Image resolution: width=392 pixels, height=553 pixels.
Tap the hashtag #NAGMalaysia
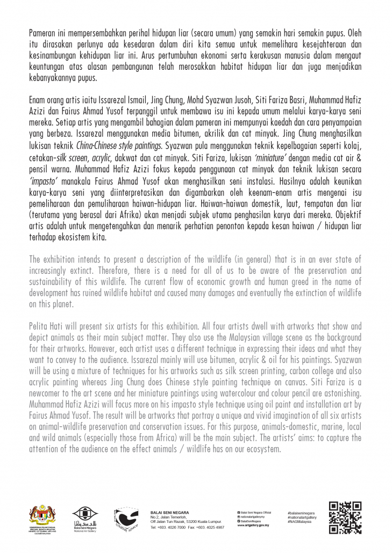click(301, 521)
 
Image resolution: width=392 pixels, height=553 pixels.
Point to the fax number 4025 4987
click(213, 527)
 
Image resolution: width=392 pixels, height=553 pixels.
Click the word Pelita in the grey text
click(39, 326)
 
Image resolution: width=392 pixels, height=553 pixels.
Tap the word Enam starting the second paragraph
click(39, 101)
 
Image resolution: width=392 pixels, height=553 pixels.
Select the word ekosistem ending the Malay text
click(83, 236)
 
